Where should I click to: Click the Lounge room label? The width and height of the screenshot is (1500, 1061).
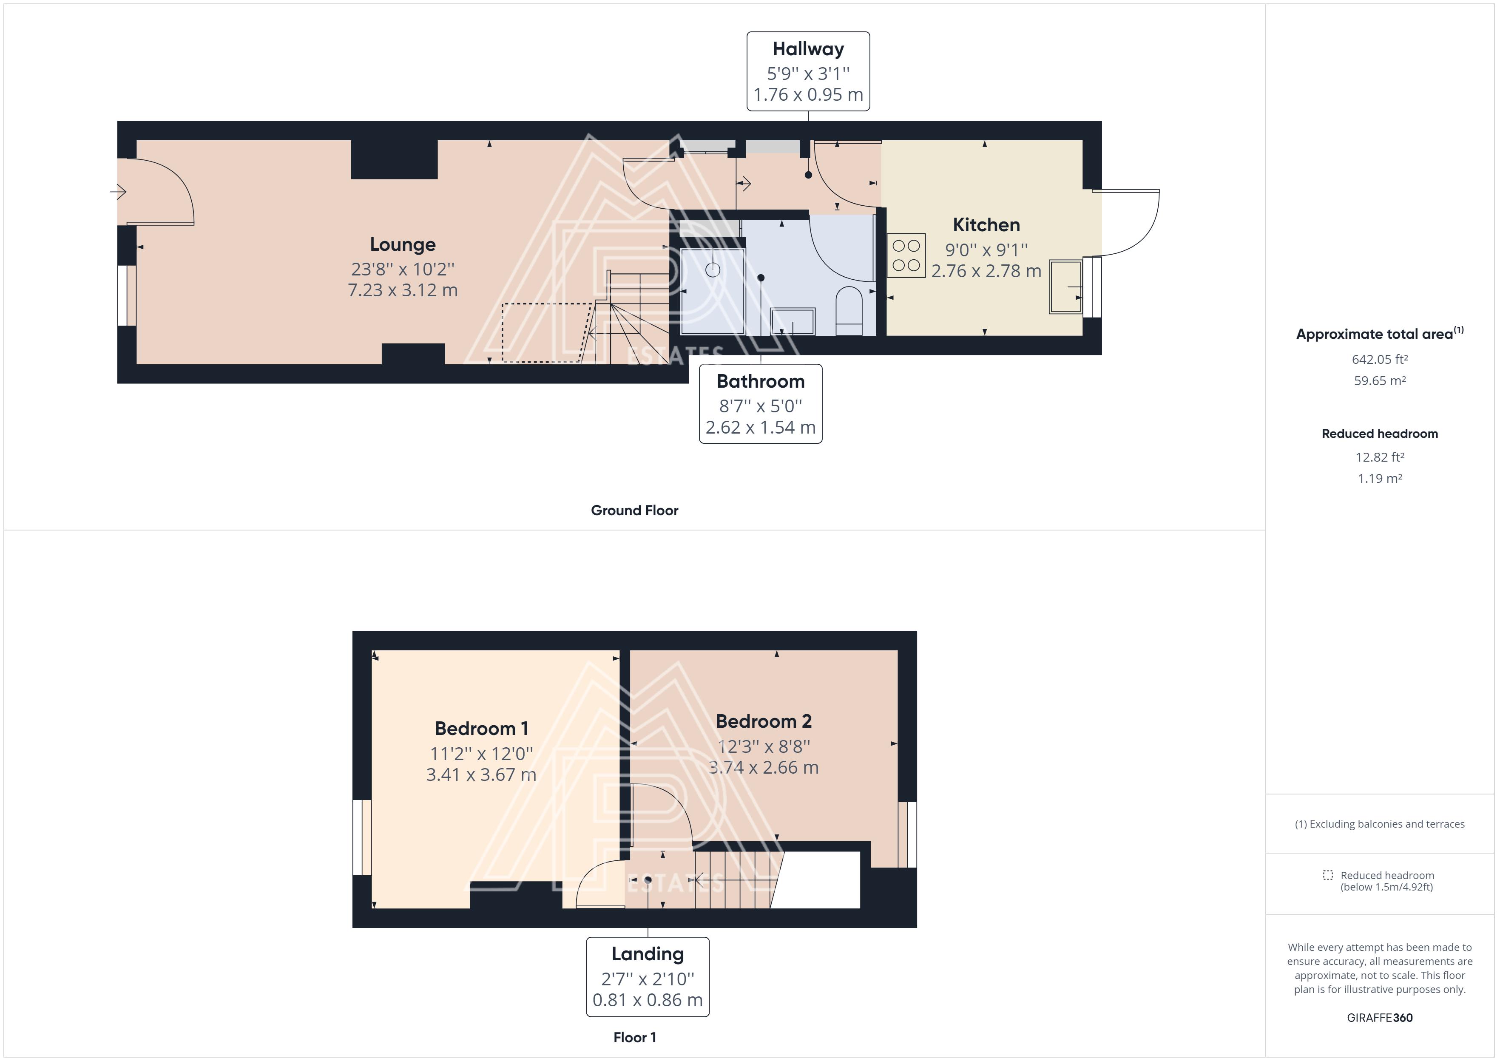[403, 244]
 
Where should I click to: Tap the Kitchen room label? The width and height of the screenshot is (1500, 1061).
[986, 225]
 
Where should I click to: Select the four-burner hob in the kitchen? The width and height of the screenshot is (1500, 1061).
[906, 255]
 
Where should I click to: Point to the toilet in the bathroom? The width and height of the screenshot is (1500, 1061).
[849, 310]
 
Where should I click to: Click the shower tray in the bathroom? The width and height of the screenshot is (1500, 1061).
[712, 291]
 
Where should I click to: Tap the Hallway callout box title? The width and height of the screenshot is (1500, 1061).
[808, 49]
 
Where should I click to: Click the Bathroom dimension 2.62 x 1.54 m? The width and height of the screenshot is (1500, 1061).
[761, 427]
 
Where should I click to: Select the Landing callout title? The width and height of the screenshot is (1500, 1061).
[648, 954]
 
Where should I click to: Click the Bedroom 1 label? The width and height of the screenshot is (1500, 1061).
[481, 729]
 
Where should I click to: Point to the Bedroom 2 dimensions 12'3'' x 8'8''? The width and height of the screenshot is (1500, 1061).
[764, 746]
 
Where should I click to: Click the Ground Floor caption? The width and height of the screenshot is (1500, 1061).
[634, 510]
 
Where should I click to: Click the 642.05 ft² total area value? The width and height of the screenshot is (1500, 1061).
[1379, 359]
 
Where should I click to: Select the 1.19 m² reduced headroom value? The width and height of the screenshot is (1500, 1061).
[1379, 478]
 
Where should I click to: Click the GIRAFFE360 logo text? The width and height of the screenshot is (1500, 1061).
[1379, 1017]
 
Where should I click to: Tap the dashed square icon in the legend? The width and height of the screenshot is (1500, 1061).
[1327, 875]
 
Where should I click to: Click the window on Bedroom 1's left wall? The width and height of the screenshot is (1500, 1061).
[362, 837]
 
